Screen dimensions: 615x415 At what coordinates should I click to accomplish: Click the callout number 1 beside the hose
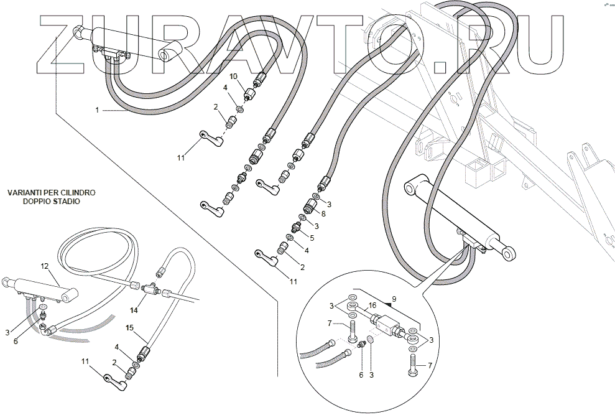pyautogui.click(x=97, y=110)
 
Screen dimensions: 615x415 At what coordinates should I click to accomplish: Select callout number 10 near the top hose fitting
pyautogui.click(x=234, y=77)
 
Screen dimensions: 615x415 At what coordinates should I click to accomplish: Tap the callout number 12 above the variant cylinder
pyautogui.click(x=44, y=266)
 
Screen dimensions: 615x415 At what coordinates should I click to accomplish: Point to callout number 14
pyautogui.click(x=133, y=309)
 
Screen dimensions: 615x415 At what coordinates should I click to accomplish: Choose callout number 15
pyautogui.click(x=129, y=327)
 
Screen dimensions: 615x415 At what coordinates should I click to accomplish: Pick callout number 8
pyautogui.click(x=323, y=213)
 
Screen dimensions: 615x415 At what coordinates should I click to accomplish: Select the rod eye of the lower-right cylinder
pyautogui.click(x=508, y=251)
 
